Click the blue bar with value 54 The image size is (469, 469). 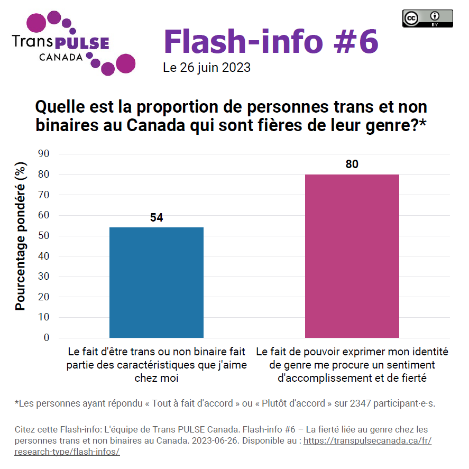156,282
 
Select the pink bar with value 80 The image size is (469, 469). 352,256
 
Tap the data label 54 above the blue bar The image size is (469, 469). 156,217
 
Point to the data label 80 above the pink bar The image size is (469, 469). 352,164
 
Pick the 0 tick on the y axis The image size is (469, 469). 47,337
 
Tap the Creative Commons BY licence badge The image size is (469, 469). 427,19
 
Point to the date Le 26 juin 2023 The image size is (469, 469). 207,68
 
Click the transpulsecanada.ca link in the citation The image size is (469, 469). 367,440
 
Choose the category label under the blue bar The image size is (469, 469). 156,365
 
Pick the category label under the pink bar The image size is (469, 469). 352,365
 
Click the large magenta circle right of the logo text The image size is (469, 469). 125,63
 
